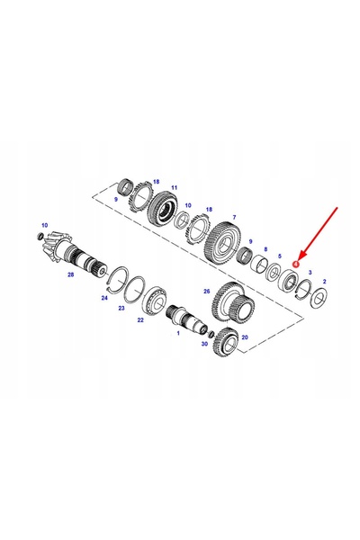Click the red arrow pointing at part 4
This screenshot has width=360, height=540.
318,233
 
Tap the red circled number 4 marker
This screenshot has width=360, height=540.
295,264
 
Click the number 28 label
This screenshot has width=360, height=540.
70,274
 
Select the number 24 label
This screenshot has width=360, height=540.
104,298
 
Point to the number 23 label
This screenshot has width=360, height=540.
121,308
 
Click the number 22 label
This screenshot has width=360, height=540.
140,320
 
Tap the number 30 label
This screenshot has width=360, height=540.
204,344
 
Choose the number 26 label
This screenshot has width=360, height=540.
207,292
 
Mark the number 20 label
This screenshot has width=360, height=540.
245,337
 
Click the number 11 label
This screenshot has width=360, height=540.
175,188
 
